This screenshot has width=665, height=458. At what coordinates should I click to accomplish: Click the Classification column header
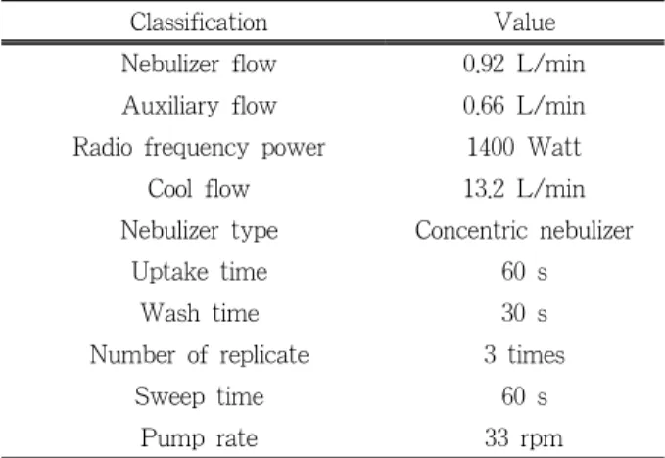pos(199,23)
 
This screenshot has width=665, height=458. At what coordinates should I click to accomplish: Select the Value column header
pos(525,23)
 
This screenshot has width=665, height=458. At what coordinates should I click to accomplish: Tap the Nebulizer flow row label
pos(199,64)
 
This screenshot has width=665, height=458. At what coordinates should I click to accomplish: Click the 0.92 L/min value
pos(524,64)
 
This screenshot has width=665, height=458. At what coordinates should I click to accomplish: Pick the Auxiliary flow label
pos(200,106)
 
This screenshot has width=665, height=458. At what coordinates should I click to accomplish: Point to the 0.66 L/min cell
pos(524,106)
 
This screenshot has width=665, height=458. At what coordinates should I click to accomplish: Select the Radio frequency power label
pos(199,148)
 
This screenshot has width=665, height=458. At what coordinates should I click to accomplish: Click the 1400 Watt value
pos(524,147)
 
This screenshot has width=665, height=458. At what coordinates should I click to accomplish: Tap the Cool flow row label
pos(199,189)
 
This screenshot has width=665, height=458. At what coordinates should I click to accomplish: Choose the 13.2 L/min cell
pos(524,189)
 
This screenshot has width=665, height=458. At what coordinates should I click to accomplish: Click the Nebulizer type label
pos(200,231)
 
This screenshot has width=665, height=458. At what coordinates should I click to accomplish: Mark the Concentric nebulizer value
pos(524,231)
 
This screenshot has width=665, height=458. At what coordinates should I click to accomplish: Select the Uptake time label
pos(200,272)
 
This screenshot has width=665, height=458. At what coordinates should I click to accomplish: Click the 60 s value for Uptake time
pos(524,272)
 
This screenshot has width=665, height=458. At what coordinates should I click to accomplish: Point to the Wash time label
pos(200,313)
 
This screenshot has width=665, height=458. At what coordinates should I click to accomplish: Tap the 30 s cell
pos(524,313)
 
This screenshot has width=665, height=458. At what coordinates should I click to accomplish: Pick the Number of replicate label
pos(200,355)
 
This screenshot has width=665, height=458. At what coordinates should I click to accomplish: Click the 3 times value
pos(524,354)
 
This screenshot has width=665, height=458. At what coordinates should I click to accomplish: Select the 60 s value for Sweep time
pos(524,396)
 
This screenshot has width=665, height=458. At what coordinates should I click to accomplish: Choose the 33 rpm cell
pos(524,438)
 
